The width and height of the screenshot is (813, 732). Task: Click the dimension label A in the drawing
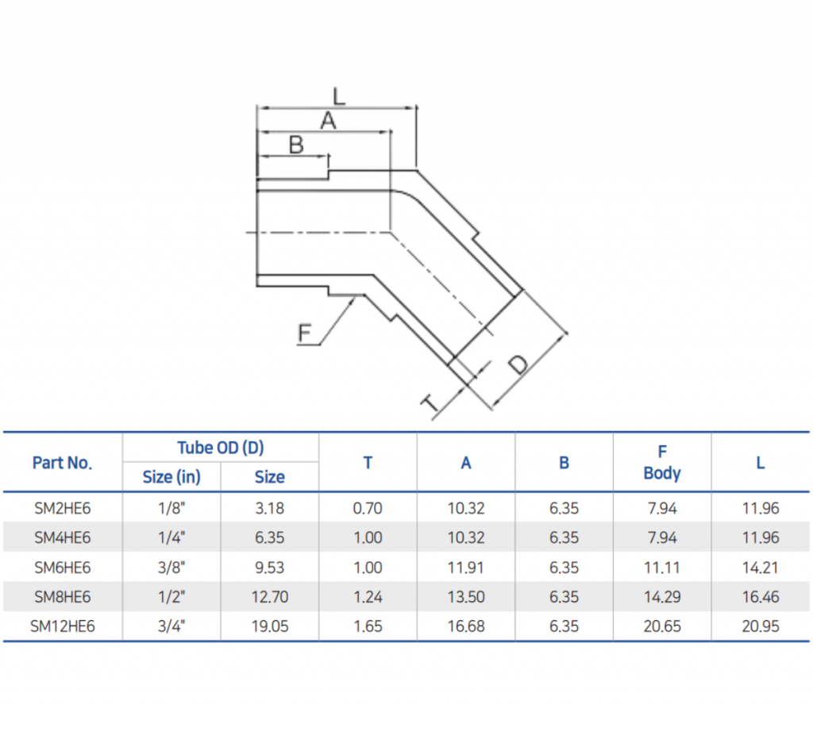click(327, 121)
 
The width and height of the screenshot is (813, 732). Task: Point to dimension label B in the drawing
click(295, 145)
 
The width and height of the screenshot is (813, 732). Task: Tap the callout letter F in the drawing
click(305, 333)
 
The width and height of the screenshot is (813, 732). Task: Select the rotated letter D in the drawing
click(518, 364)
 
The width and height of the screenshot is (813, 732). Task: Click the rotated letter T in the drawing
click(430, 405)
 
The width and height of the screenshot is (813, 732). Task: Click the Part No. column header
click(62, 463)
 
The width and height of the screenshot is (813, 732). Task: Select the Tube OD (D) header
click(220, 448)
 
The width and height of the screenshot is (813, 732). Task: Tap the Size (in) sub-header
click(171, 477)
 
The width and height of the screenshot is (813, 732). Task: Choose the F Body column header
click(661, 463)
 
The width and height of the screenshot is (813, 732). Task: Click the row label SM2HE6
click(62, 508)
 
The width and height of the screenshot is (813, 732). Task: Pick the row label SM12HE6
click(62, 626)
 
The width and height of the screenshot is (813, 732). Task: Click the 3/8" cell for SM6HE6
click(171, 568)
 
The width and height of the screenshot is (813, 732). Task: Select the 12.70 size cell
click(269, 597)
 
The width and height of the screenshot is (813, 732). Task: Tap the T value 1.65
click(368, 626)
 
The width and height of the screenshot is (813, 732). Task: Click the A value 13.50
click(465, 597)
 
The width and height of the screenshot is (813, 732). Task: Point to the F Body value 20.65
click(661, 626)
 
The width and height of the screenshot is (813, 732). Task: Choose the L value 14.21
click(760, 568)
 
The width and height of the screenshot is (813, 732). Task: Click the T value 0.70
click(368, 508)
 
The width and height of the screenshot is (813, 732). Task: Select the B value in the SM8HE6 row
click(564, 597)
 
